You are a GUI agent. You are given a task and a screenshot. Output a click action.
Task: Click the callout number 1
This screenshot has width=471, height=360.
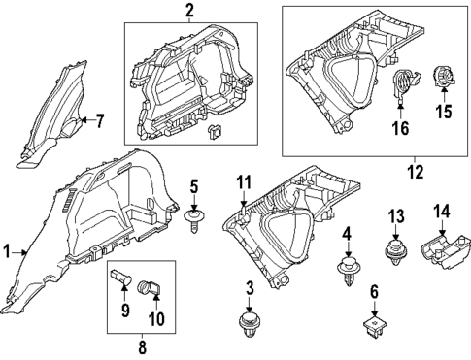pos(7,251)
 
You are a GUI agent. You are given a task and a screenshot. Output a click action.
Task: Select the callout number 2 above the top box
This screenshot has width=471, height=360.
pos(189,11)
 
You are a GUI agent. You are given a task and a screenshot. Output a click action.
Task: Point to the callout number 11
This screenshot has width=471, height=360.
pos(245,180)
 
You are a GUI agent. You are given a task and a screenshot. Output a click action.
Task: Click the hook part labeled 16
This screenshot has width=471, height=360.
pos(400,90)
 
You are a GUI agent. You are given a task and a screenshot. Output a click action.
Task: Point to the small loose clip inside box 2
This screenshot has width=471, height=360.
pos(215,129)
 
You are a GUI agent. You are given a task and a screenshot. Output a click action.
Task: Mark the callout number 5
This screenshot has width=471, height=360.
pos(194,185)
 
